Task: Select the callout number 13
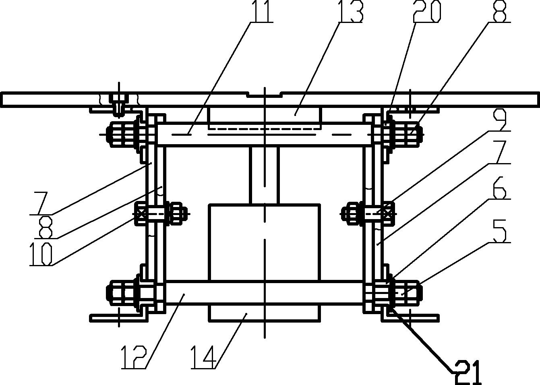pos(351,11)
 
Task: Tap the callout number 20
pos(427,11)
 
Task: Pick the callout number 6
pos(499,188)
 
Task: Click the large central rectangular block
pos(265,242)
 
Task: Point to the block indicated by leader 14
pos(265,312)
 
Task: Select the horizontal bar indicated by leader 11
pos(265,134)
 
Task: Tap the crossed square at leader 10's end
pos(141,214)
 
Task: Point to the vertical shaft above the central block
pos(265,175)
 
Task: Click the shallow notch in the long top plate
pos(265,95)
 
